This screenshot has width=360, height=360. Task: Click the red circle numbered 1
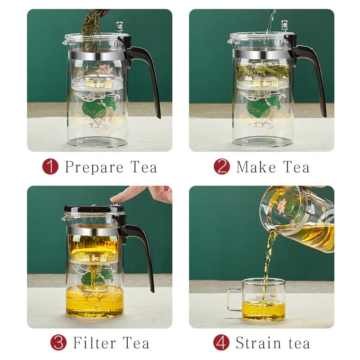click(50, 166)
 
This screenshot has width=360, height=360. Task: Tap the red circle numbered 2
click(221, 166)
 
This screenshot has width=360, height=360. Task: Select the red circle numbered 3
click(58, 343)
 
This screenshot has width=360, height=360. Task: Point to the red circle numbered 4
click(221, 343)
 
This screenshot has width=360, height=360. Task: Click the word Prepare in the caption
click(94, 167)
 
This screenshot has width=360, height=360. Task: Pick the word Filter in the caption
click(93, 343)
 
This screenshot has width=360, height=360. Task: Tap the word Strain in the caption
click(258, 343)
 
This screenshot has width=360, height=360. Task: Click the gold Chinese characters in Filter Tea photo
click(92, 259)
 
